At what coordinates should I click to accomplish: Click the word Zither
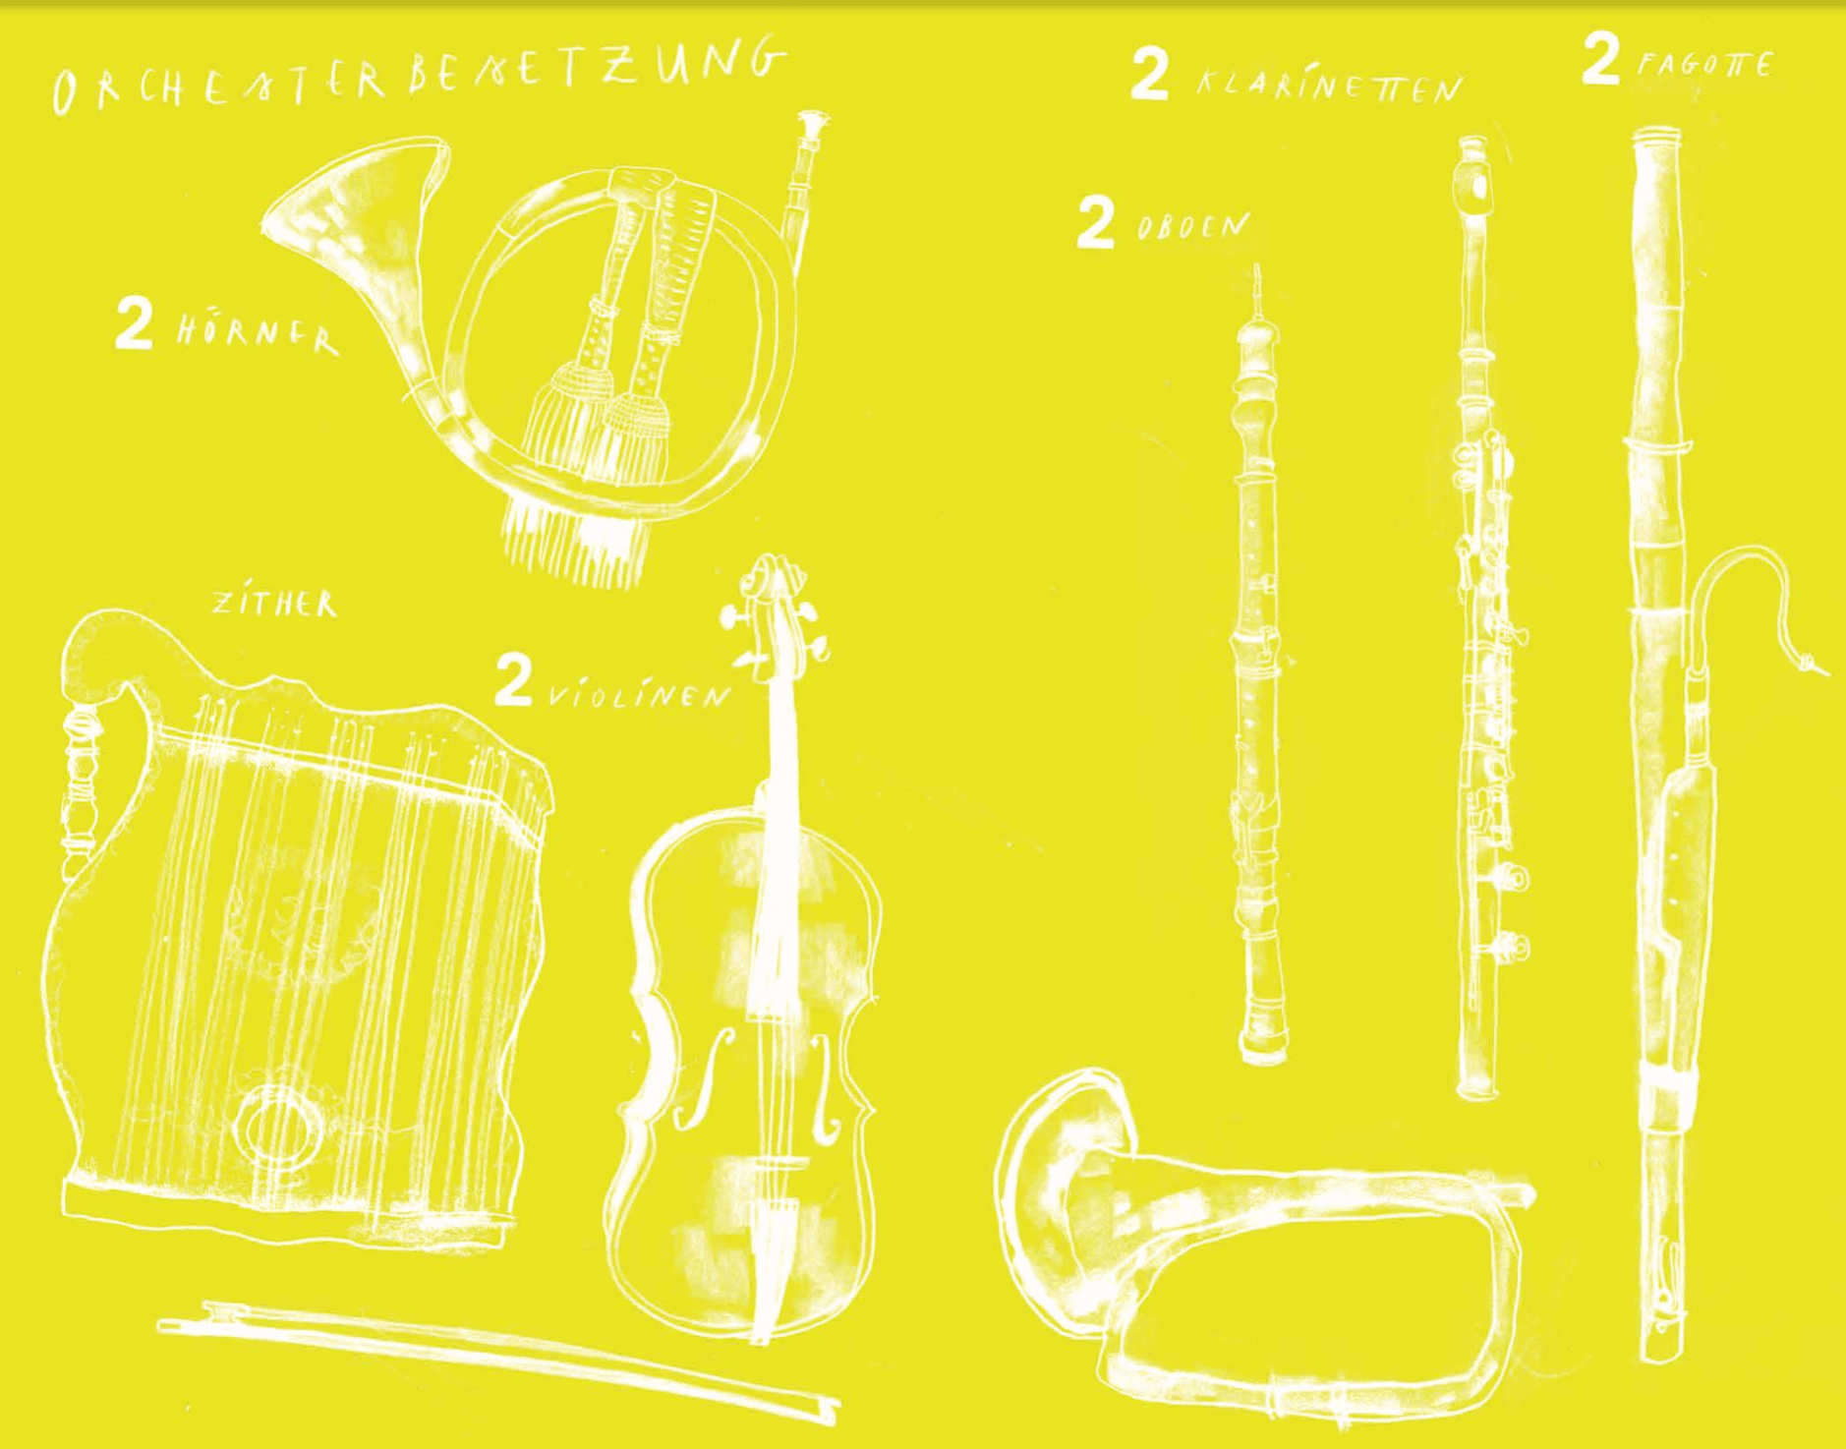275,603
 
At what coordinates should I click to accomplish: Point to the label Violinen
640,695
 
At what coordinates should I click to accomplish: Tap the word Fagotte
1705,65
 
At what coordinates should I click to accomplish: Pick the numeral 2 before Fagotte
1601,58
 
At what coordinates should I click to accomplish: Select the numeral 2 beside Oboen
1096,222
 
